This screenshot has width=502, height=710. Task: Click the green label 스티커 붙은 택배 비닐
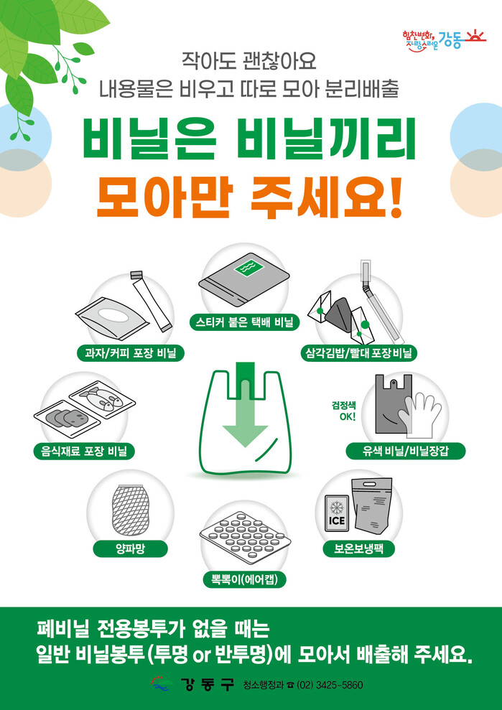(x=244, y=322)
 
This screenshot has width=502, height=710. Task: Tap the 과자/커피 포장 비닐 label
(x=131, y=352)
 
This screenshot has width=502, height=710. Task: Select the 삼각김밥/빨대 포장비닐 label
(x=358, y=352)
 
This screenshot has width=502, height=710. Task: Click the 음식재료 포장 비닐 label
(x=84, y=452)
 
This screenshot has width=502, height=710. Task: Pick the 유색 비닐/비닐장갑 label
(x=406, y=451)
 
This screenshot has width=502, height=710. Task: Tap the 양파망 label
(x=131, y=549)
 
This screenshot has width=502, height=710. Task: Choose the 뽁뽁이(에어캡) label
(x=244, y=579)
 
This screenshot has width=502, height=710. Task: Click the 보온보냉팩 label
(x=358, y=548)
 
